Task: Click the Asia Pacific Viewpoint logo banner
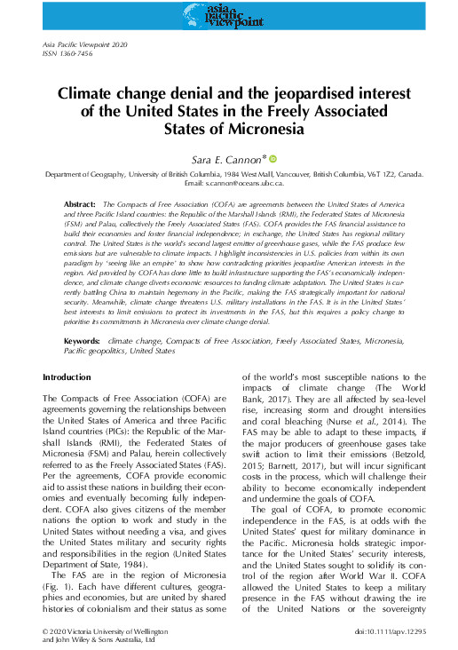(x=228, y=14)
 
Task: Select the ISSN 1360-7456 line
(x=67, y=55)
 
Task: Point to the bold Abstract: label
(x=81, y=205)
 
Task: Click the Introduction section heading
(x=67, y=377)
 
